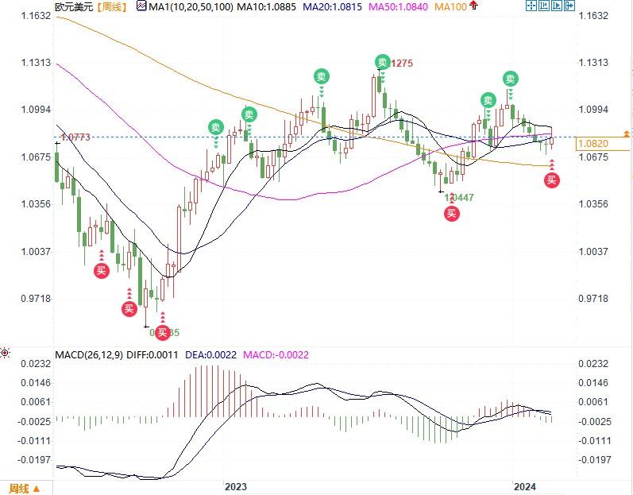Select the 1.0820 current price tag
point(594,144)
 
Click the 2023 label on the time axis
point(236,485)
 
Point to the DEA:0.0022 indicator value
point(210,354)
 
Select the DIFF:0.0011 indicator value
point(153,354)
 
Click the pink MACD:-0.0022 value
point(276,354)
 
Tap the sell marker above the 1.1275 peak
point(383,63)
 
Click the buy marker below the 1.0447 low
point(451,213)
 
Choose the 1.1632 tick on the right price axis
point(595,16)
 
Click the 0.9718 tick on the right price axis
point(595,299)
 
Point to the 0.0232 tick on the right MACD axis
point(595,363)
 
